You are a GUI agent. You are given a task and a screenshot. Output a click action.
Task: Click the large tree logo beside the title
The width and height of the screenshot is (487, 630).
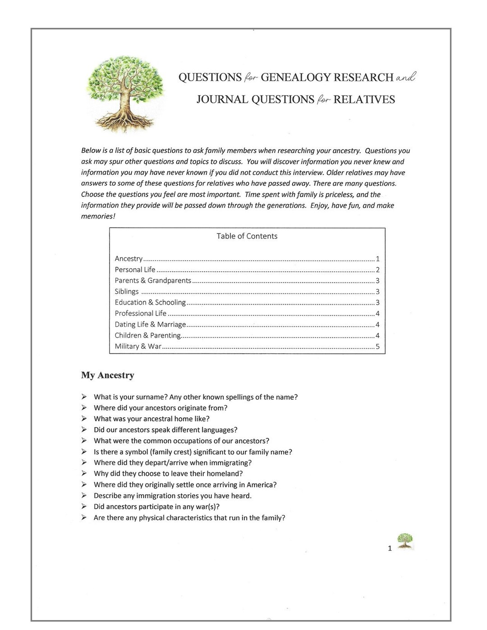point(126,93)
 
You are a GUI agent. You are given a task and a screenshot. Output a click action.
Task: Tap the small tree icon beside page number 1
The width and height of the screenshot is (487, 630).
point(405,541)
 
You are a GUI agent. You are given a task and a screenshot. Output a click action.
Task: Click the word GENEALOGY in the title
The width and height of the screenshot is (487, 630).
point(295,78)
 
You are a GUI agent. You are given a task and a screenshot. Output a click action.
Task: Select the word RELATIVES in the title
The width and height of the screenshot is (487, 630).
point(364,100)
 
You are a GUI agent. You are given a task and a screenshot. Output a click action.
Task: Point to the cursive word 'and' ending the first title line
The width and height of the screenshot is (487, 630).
point(405,78)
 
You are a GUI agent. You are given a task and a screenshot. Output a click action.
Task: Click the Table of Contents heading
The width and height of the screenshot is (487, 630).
point(247,236)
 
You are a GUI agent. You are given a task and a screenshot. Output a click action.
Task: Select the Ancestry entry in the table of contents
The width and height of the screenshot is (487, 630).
point(129,259)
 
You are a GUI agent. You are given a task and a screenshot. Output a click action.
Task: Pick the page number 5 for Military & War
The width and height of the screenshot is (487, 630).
point(377,347)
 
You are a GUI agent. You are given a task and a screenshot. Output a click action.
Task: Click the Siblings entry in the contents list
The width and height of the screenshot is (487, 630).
point(127,292)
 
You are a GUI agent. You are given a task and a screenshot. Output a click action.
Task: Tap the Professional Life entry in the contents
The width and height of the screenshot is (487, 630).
point(140,313)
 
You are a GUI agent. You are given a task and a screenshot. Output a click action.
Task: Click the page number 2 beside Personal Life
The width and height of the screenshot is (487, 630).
point(377,270)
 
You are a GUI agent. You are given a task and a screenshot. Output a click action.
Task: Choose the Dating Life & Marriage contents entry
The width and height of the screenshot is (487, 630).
point(150,324)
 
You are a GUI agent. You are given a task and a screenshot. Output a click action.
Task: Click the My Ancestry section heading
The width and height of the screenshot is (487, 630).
point(108,375)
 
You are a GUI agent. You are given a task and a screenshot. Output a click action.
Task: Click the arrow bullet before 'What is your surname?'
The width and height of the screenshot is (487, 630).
point(84,397)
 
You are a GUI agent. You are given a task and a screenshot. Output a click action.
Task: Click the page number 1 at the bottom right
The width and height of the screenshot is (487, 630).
point(390,548)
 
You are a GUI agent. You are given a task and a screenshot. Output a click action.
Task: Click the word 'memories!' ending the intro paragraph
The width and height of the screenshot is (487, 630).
point(98,216)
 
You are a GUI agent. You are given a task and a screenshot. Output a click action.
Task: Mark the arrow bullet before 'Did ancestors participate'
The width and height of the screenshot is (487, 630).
point(84,507)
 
